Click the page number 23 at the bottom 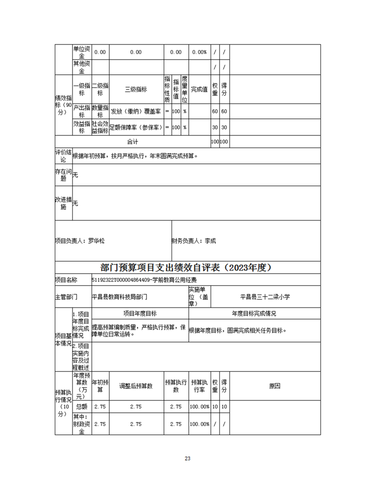pyautogui.click(x=187, y=458)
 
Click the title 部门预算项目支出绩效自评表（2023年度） pyautogui.click(x=187, y=268)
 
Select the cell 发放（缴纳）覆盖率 pyautogui.click(x=136, y=112)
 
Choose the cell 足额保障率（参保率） pyautogui.click(x=136, y=127)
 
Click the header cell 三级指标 pyautogui.click(x=136, y=90)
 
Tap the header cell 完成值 pyautogui.click(x=199, y=90)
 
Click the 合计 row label pyautogui.click(x=132, y=142)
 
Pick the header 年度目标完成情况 pyautogui.click(x=254, y=314)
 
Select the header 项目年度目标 pyautogui.click(x=140, y=314)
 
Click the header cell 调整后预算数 pyautogui.click(x=136, y=386)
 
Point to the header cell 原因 pyautogui.click(x=274, y=386)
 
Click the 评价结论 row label pyautogui.click(x=63, y=156)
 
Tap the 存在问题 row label pyautogui.click(x=63, y=175)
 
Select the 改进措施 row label pyautogui.click(x=63, y=203)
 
